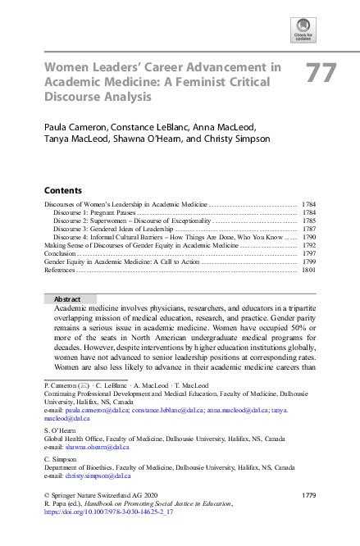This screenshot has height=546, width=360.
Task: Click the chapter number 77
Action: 321,74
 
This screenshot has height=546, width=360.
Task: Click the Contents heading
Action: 62,189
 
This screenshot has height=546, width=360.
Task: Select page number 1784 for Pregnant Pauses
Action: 309,212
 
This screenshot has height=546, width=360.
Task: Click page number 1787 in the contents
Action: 309,229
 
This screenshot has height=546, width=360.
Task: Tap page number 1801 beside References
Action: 309,270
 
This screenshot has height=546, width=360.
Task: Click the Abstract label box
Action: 69,299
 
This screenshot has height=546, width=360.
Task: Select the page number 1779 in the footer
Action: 308,496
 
